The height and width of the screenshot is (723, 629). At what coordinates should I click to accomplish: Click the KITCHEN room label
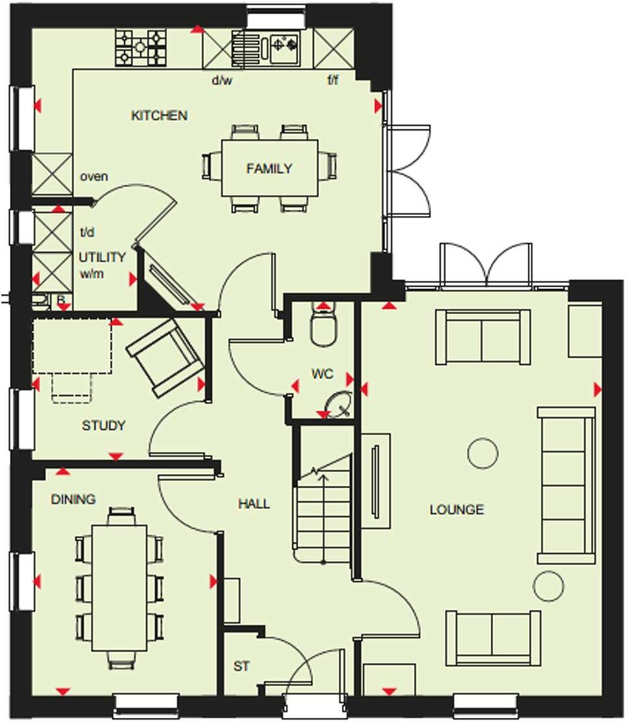159,116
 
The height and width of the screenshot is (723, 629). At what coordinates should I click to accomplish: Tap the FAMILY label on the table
269,168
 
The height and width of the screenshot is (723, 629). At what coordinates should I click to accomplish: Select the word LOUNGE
456,510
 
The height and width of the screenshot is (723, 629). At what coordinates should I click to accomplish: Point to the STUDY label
103,426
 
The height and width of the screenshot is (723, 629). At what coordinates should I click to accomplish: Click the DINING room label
73,499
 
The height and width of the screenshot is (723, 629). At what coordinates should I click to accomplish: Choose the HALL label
253,504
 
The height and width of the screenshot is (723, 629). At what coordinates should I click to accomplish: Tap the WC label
322,374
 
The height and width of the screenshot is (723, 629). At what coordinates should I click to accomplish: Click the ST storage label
241,666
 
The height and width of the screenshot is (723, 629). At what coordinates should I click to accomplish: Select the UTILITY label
102,257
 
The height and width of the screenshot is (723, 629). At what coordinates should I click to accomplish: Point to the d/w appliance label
222,81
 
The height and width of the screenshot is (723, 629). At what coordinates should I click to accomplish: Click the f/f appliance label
333,81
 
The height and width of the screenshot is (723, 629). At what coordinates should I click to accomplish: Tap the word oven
94,177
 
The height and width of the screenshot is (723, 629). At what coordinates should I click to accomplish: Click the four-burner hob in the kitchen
140,47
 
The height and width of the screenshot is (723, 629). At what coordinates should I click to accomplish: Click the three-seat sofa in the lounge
566,484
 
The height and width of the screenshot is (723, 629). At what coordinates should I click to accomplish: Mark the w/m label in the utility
92,274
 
